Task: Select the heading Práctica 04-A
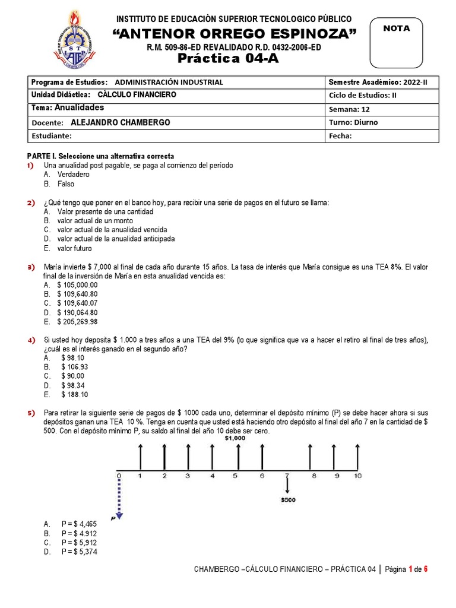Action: [x=228, y=58]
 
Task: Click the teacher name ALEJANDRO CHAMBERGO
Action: [x=120, y=122]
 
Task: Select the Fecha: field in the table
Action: [x=340, y=135]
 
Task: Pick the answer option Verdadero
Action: [x=74, y=175]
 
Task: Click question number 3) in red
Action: [x=31, y=268]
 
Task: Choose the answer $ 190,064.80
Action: [x=77, y=312]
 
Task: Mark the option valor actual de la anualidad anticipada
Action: [x=116, y=239]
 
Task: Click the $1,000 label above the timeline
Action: [x=236, y=438]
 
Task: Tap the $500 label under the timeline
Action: [x=288, y=500]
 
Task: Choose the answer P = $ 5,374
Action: [x=79, y=552]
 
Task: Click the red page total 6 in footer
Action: [x=425, y=569]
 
